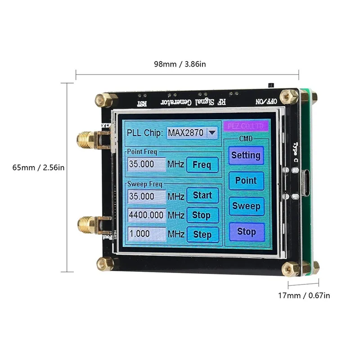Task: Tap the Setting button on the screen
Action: coord(246,155)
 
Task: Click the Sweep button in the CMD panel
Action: coord(246,206)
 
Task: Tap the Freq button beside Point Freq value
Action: coord(202,165)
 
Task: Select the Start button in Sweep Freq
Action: coord(202,196)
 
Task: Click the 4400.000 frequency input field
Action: coord(146,215)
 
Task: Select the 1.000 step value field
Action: coord(146,234)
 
